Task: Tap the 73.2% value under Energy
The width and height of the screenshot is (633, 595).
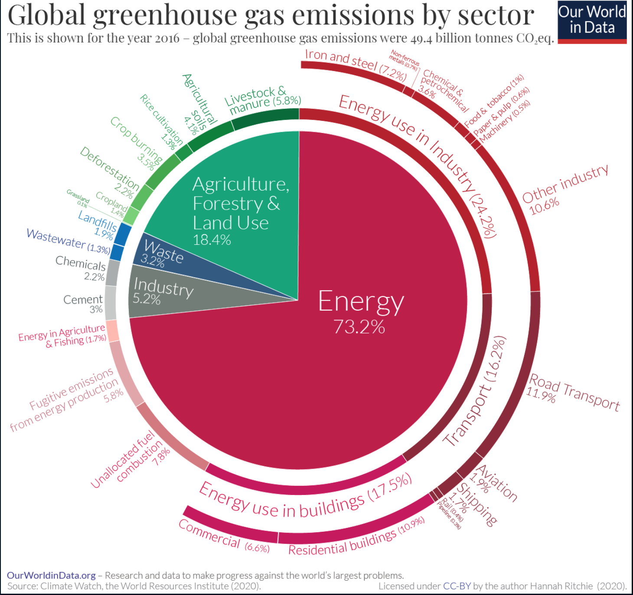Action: coord(359,327)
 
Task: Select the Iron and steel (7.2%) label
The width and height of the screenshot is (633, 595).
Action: coord(356,65)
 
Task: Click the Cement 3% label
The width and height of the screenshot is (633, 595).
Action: coord(84,304)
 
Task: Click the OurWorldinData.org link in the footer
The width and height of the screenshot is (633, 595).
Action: coord(51,575)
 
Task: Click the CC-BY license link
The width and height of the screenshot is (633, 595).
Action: coord(457,586)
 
